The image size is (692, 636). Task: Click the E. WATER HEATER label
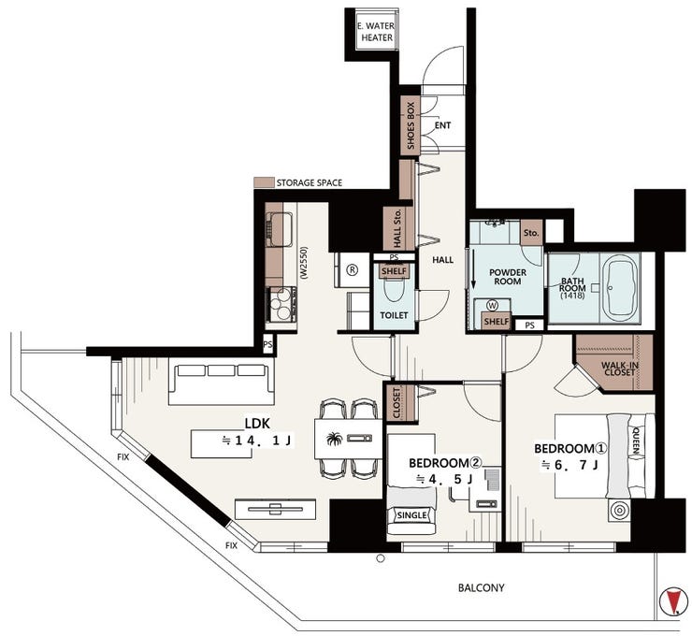376,32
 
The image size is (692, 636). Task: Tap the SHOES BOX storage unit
411,125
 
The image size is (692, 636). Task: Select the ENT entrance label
442,125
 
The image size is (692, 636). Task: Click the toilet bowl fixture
394,290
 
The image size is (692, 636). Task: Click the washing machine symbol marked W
493,306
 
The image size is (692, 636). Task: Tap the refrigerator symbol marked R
353,269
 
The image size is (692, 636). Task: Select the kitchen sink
279,229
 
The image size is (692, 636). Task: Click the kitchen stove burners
281,303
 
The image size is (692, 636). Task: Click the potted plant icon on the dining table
335,440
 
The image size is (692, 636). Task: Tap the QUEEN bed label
636,440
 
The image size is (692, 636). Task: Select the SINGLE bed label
412,515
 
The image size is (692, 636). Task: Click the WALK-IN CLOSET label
620,369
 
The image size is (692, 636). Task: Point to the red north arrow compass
673,601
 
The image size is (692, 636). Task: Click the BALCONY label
481,588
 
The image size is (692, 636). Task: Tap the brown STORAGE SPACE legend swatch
264,182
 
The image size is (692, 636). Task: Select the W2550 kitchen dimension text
304,262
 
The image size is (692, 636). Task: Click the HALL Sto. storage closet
398,227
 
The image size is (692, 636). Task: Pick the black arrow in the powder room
473,268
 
